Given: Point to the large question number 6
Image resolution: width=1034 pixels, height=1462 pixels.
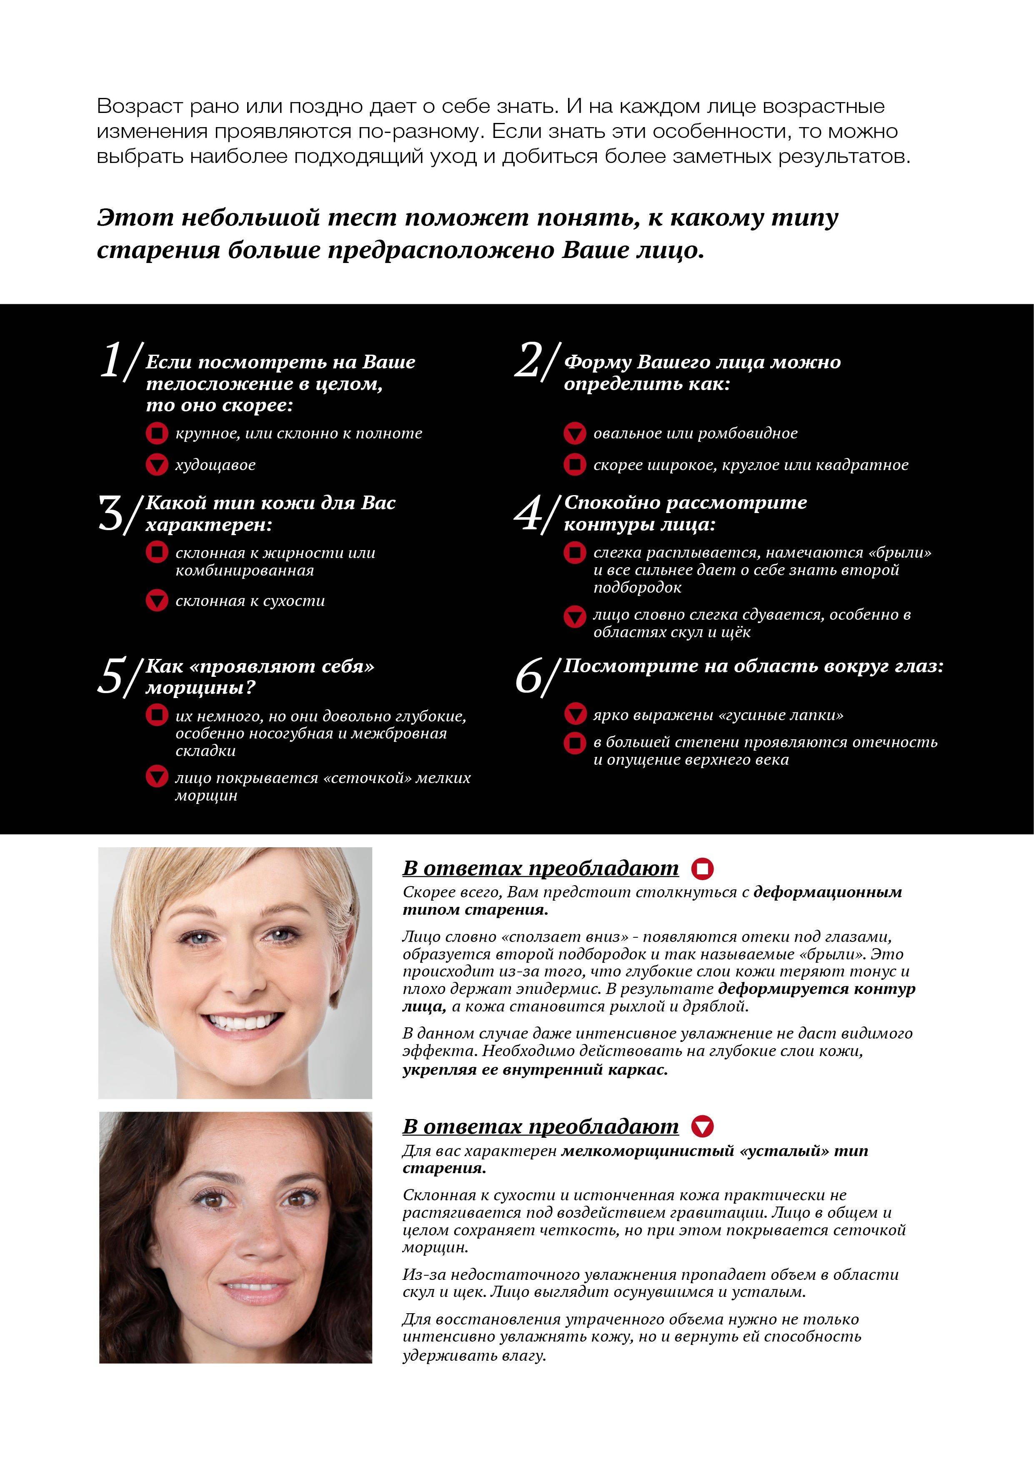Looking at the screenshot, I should coord(529,676).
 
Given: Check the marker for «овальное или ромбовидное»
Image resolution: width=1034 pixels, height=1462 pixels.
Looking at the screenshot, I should coord(574,433).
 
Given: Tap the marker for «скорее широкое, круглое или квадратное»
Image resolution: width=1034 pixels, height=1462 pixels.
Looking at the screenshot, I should coord(574,465).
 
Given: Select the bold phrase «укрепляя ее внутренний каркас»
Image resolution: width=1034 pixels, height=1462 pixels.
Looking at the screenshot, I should coord(535,1069).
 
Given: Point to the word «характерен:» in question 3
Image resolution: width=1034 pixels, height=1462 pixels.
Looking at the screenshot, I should coord(209,525).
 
